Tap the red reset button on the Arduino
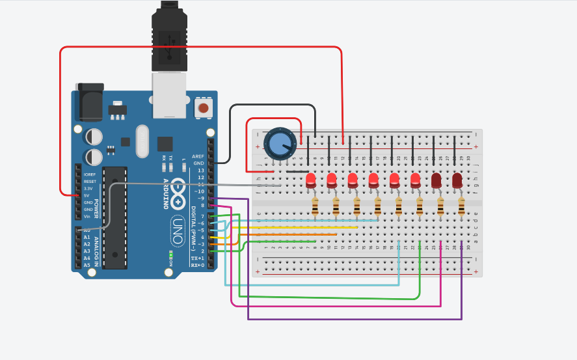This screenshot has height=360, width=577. [x=204, y=107]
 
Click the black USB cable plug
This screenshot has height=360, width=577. [x=169, y=39]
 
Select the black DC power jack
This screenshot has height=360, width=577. [x=89, y=102]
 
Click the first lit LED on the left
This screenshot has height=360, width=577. [x=311, y=180]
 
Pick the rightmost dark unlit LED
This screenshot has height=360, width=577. [x=457, y=180]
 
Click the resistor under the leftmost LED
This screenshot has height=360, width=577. [x=315, y=208]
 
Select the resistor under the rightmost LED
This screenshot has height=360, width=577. [x=461, y=208]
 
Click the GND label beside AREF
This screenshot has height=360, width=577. [x=198, y=163]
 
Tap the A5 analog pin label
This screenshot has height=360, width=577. [x=87, y=265]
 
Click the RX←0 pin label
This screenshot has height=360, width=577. [x=198, y=266]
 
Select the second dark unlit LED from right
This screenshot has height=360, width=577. [x=436, y=180]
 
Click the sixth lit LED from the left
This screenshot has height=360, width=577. [x=416, y=180]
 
